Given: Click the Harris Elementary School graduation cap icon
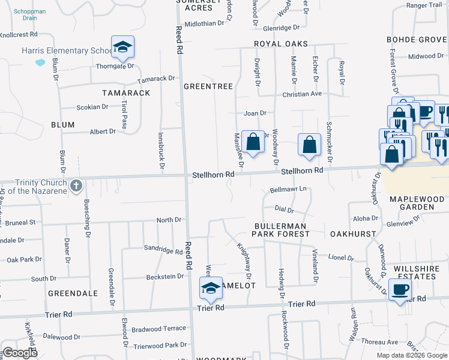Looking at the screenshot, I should click(122, 47).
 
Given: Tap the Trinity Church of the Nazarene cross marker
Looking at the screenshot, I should click(76, 186).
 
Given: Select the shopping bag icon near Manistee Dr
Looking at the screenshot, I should click(254, 142).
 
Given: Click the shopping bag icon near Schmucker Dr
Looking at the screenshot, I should click(309, 145).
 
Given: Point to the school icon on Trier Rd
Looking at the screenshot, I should click(211, 288).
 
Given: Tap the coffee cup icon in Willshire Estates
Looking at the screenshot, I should click(400, 290).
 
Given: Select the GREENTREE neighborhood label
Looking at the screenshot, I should click(208, 86).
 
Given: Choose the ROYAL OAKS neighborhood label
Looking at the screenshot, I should click(280, 44).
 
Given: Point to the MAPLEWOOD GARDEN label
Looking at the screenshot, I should click(420, 203).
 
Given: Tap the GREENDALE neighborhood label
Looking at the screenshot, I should click(73, 293).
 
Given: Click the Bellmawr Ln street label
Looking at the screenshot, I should click(288, 189).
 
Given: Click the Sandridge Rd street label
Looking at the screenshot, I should click(163, 247).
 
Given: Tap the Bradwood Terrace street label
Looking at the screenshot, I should click(159, 329).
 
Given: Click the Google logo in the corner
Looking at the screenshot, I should click(20, 353).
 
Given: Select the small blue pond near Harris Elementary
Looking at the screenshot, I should click(40, 62).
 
